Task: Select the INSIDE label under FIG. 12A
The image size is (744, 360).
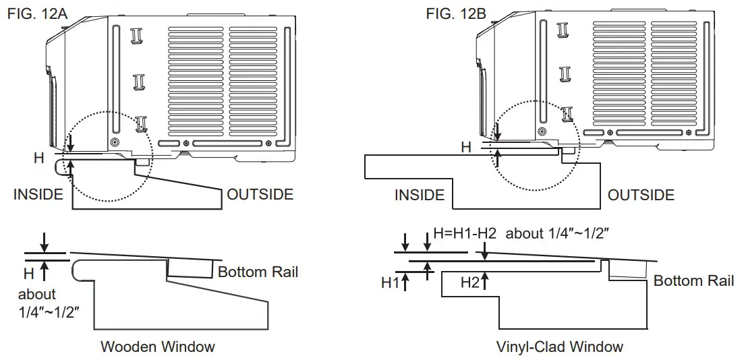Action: coord(38,195)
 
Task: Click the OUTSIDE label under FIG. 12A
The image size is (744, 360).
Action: coord(260,195)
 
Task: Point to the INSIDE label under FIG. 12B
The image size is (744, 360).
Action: coord(420,196)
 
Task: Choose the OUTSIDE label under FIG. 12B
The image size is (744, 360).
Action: coord(641,196)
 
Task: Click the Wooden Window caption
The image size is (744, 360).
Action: coord(158,347)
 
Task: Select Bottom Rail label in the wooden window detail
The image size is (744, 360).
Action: coord(258,272)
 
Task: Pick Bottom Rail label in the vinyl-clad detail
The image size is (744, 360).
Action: coord(693,280)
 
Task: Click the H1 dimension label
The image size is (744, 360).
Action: coord(390,283)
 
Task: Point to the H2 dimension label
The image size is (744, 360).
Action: coord(469,283)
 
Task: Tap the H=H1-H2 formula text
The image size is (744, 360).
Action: coord(465,233)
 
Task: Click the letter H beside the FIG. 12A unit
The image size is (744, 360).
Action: coord(38,158)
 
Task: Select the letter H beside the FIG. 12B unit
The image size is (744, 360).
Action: coord(466,146)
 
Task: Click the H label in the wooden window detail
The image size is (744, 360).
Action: coord(28,274)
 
